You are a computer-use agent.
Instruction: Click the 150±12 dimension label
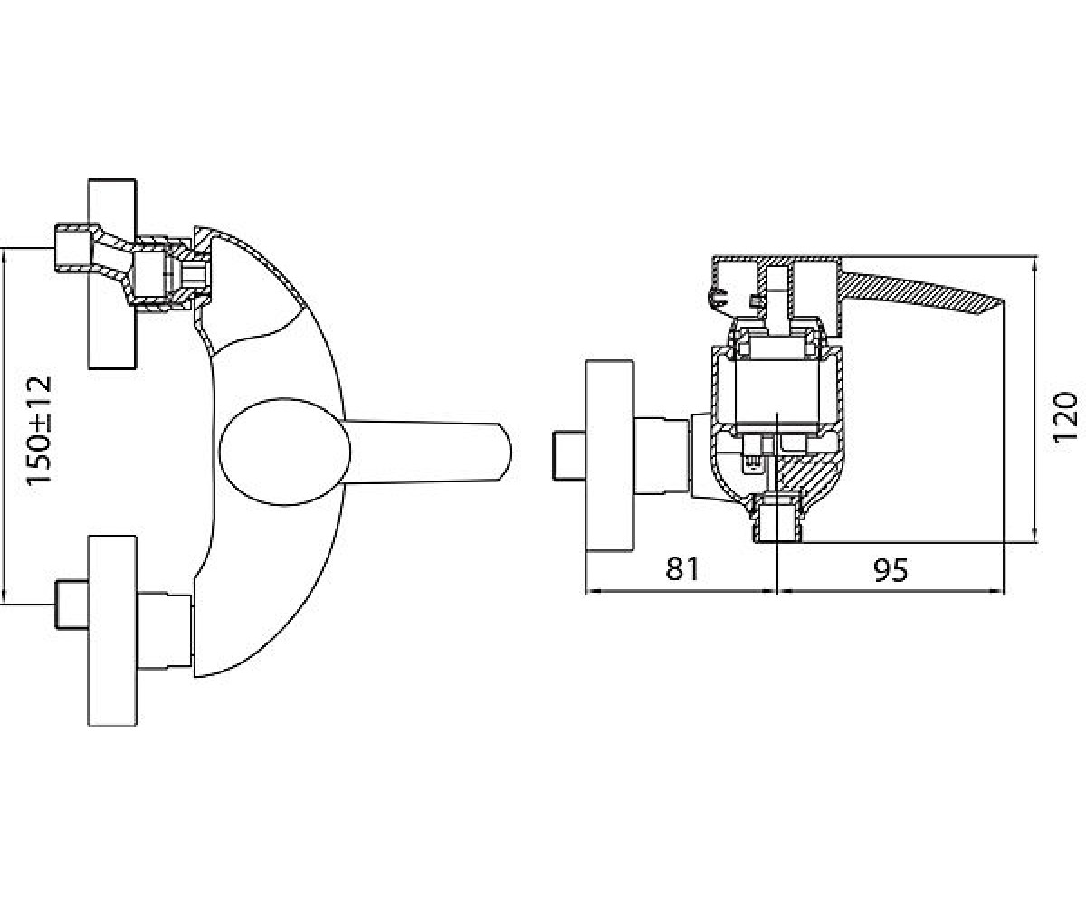click(39, 430)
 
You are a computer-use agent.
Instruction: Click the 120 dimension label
click(1064, 416)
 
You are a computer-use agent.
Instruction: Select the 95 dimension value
click(891, 570)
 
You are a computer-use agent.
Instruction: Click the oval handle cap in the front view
click(284, 452)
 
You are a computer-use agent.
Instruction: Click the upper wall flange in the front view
click(112, 274)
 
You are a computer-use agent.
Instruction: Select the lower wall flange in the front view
click(112, 631)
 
